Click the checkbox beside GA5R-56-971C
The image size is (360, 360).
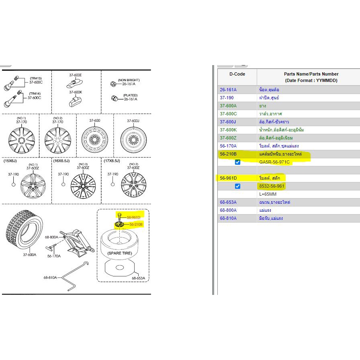237,162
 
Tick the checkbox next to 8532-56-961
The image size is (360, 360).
237,186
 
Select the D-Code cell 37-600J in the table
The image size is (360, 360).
228,122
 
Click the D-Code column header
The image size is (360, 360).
237,74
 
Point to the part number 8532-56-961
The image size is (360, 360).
272,186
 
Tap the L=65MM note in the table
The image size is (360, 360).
268,194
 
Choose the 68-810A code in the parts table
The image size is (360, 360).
228,218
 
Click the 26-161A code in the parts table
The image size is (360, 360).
228,90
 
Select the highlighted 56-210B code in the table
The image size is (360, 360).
228,154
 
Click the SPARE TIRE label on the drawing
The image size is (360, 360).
120,253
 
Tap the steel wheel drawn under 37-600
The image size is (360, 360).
94,139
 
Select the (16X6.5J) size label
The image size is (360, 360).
61,161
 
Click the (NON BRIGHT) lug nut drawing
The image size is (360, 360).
113,84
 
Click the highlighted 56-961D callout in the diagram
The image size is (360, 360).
133,217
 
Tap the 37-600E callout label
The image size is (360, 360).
75,75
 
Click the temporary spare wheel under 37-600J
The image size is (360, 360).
133,139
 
